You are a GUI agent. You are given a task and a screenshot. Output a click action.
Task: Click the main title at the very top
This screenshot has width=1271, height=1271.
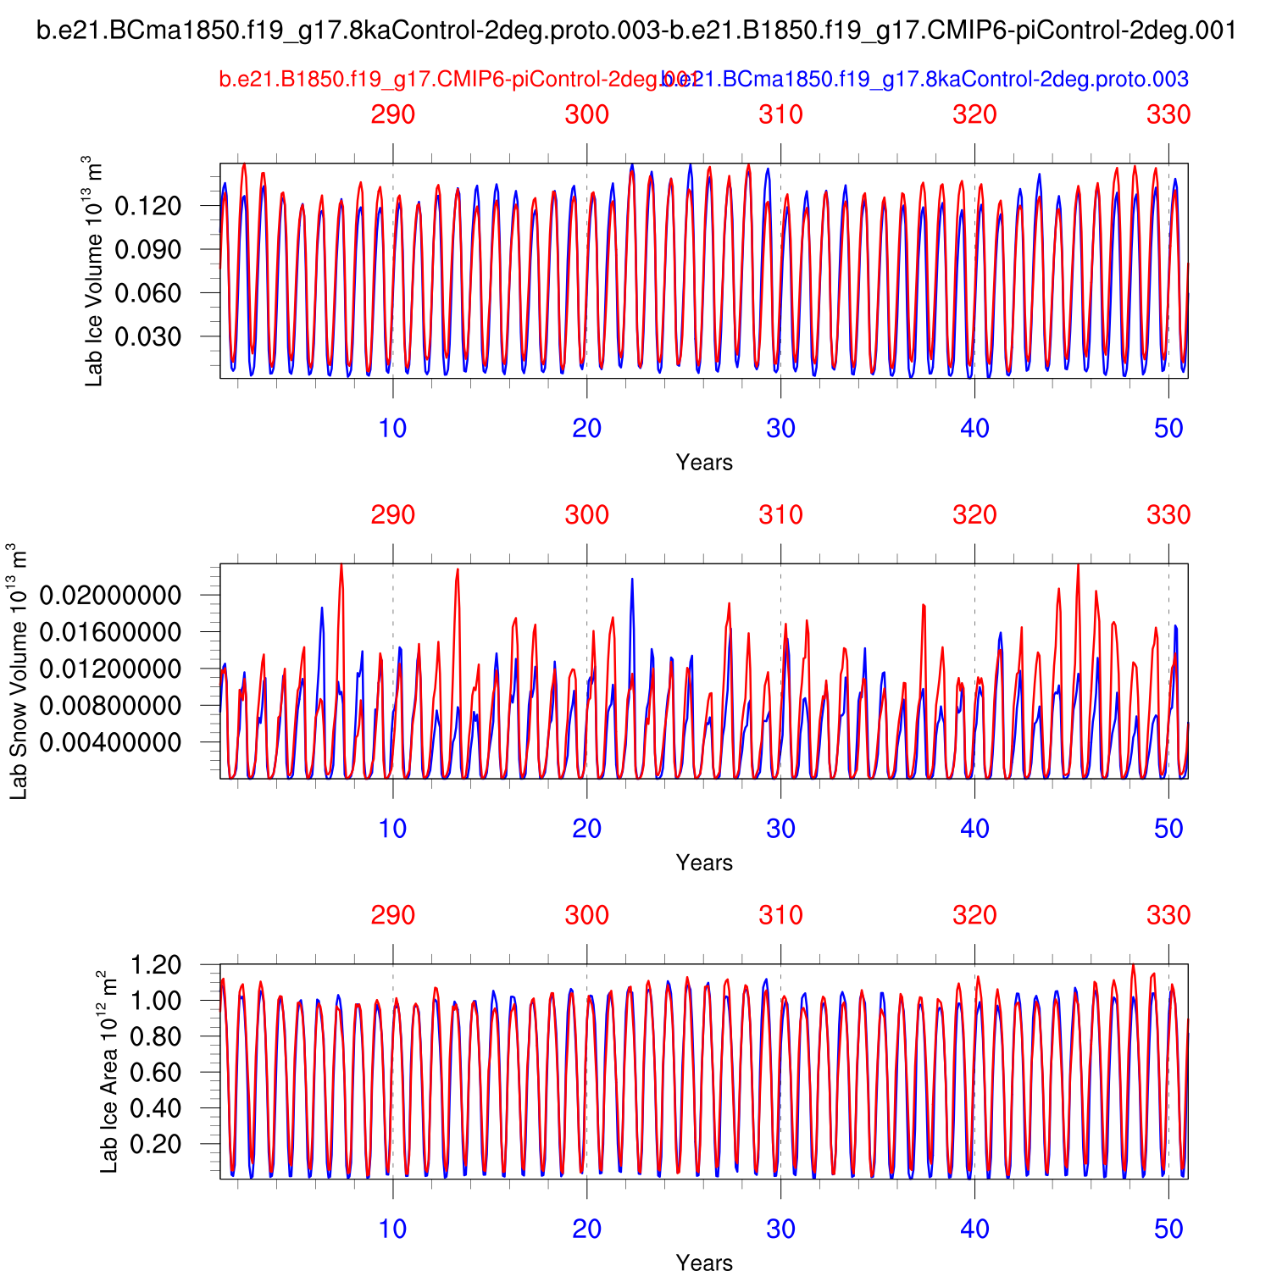tap(636, 31)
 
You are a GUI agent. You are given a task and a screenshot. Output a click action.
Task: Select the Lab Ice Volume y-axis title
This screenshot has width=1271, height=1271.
tap(93, 271)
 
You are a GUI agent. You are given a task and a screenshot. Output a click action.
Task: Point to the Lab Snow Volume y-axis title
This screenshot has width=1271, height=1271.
tap(19, 671)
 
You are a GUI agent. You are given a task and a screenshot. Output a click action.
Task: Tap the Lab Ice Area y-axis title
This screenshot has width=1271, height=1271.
tap(108, 1072)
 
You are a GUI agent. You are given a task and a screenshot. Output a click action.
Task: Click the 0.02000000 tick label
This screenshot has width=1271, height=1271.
tap(110, 596)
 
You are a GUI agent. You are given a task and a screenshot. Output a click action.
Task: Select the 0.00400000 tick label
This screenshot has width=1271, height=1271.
tap(110, 742)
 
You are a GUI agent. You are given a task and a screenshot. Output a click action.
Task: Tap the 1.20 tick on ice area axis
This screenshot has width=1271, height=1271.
tap(157, 965)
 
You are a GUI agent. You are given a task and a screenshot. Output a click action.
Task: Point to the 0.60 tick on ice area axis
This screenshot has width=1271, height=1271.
tap(157, 1072)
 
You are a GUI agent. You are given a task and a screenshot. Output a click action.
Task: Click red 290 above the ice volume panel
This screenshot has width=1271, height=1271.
tap(393, 114)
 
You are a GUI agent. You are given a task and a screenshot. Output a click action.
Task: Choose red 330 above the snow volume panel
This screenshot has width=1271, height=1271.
tap(1168, 515)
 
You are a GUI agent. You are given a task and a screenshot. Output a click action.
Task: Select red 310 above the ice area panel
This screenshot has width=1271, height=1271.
tap(780, 915)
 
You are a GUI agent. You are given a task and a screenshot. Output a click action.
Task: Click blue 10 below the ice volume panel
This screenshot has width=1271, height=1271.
tap(392, 428)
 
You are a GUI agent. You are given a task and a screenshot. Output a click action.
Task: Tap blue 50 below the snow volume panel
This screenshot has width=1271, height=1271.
tap(1168, 829)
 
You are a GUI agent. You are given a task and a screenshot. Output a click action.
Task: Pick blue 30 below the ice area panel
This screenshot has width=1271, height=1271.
tap(780, 1229)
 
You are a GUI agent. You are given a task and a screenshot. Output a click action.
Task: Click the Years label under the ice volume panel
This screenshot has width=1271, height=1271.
tap(704, 463)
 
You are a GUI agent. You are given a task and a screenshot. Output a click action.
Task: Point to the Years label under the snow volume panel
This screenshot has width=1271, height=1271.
tap(704, 863)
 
